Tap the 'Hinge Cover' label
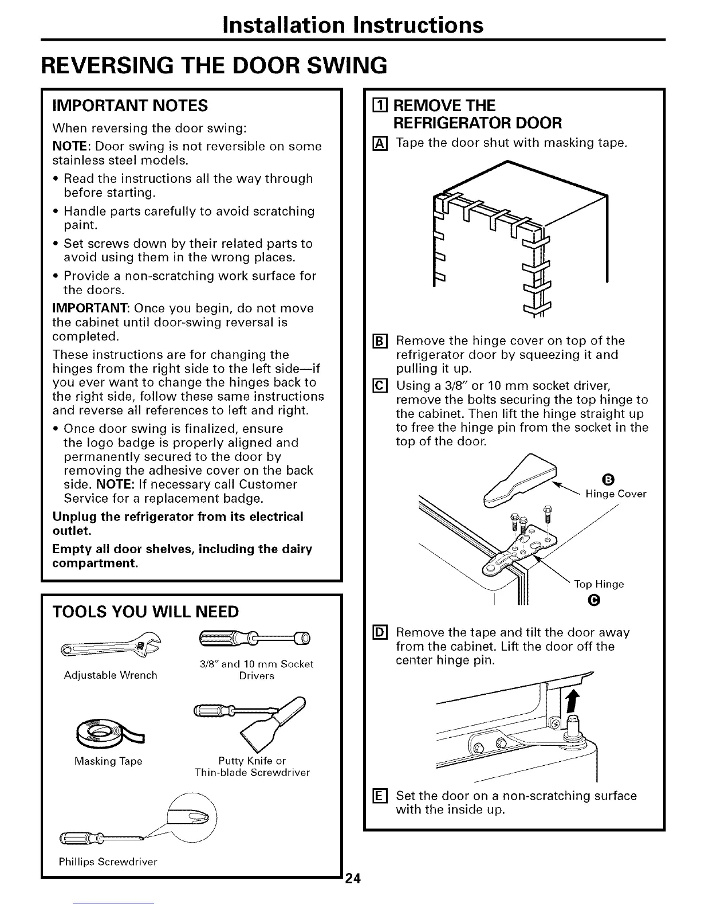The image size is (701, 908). (x=616, y=494)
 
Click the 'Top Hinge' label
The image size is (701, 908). (x=599, y=584)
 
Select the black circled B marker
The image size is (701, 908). (x=608, y=479)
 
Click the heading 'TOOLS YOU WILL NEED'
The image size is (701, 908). (x=145, y=612)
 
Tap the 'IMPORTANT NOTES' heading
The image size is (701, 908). (x=130, y=105)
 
